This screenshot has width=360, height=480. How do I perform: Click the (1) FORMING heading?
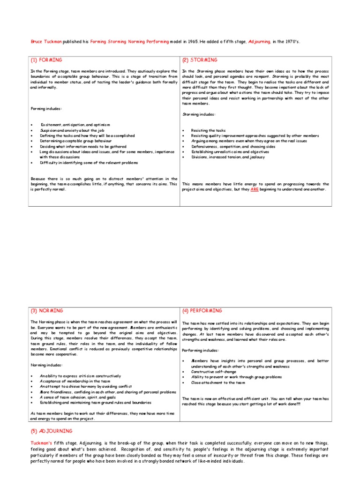click(46, 60)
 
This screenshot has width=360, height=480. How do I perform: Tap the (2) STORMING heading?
click(200, 60)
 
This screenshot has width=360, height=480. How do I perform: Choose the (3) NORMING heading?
click(47, 311)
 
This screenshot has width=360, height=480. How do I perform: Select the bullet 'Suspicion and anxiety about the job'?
click(70, 130)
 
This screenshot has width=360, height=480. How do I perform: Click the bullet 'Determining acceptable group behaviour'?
click(75, 141)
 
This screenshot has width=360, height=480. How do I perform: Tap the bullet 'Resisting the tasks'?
click(208, 130)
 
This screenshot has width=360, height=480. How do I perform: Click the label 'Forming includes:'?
click(46, 109)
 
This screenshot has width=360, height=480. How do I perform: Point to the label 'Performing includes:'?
click(200, 350)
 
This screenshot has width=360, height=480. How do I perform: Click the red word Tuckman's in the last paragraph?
click(42, 443)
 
